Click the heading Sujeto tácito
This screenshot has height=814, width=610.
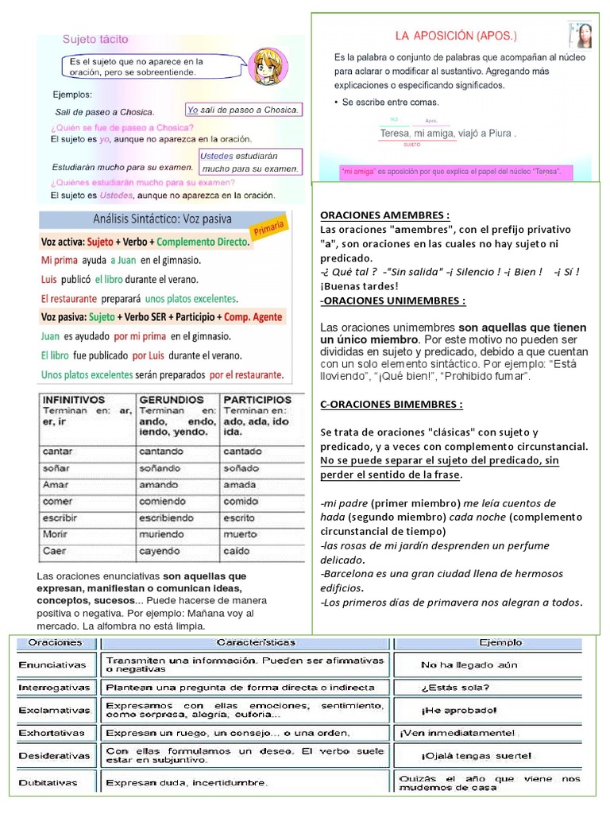coord(95,39)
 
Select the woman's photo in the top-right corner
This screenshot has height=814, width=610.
coord(581,36)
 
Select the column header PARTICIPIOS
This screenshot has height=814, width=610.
coord(257,399)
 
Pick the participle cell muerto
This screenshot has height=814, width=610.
coord(240,533)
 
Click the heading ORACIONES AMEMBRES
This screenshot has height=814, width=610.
coord(384,215)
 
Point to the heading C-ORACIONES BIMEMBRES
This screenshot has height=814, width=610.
coord(392,404)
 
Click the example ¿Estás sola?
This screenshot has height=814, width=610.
coord(455,688)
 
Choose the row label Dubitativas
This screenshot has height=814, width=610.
coord(48,782)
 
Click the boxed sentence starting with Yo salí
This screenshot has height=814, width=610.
coord(243,110)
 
